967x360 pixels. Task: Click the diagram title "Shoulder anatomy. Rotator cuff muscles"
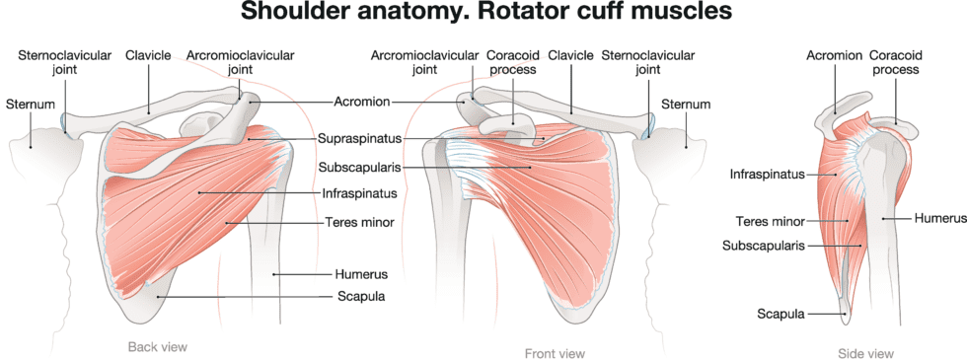click(x=483, y=15)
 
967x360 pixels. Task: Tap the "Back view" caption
click(x=158, y=347)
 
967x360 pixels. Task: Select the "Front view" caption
click(x=556, y=353)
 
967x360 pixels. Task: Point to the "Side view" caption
click(x=866, y=353)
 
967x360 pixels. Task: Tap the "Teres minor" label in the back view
click(x=359, y=223)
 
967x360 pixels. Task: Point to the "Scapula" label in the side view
click(x=779, y=315)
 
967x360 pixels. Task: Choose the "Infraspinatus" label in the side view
click(x=767, y=175)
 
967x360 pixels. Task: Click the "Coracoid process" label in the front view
click(x=511, y=63)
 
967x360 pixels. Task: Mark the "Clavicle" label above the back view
click(x=148, y=55)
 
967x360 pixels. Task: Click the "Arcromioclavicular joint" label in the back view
click(x=240, y=63)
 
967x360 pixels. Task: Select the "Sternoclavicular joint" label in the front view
click(x=646, y=63)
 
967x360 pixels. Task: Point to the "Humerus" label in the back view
click(x=360, y=274)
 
